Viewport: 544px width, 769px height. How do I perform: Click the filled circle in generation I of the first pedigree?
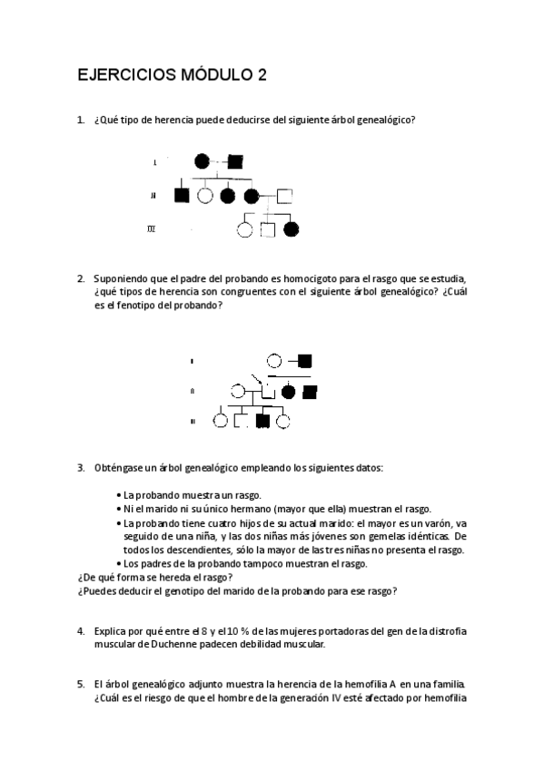203,162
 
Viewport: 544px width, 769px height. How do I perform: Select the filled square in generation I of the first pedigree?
234,162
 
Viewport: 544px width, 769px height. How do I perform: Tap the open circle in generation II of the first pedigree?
206,194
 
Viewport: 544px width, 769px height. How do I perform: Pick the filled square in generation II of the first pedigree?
182,194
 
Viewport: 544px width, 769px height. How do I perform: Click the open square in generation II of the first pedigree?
284,194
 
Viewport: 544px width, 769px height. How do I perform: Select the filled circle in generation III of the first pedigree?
291,229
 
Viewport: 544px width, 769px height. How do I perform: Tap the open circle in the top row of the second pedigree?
273,360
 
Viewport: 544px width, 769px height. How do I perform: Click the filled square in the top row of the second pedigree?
305,360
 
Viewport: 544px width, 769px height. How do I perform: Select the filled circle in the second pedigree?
289,393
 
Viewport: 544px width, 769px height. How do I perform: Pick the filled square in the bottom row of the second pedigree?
262,421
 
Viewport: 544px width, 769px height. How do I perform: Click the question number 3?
81,468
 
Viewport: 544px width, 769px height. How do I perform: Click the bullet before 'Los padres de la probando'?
120,563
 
